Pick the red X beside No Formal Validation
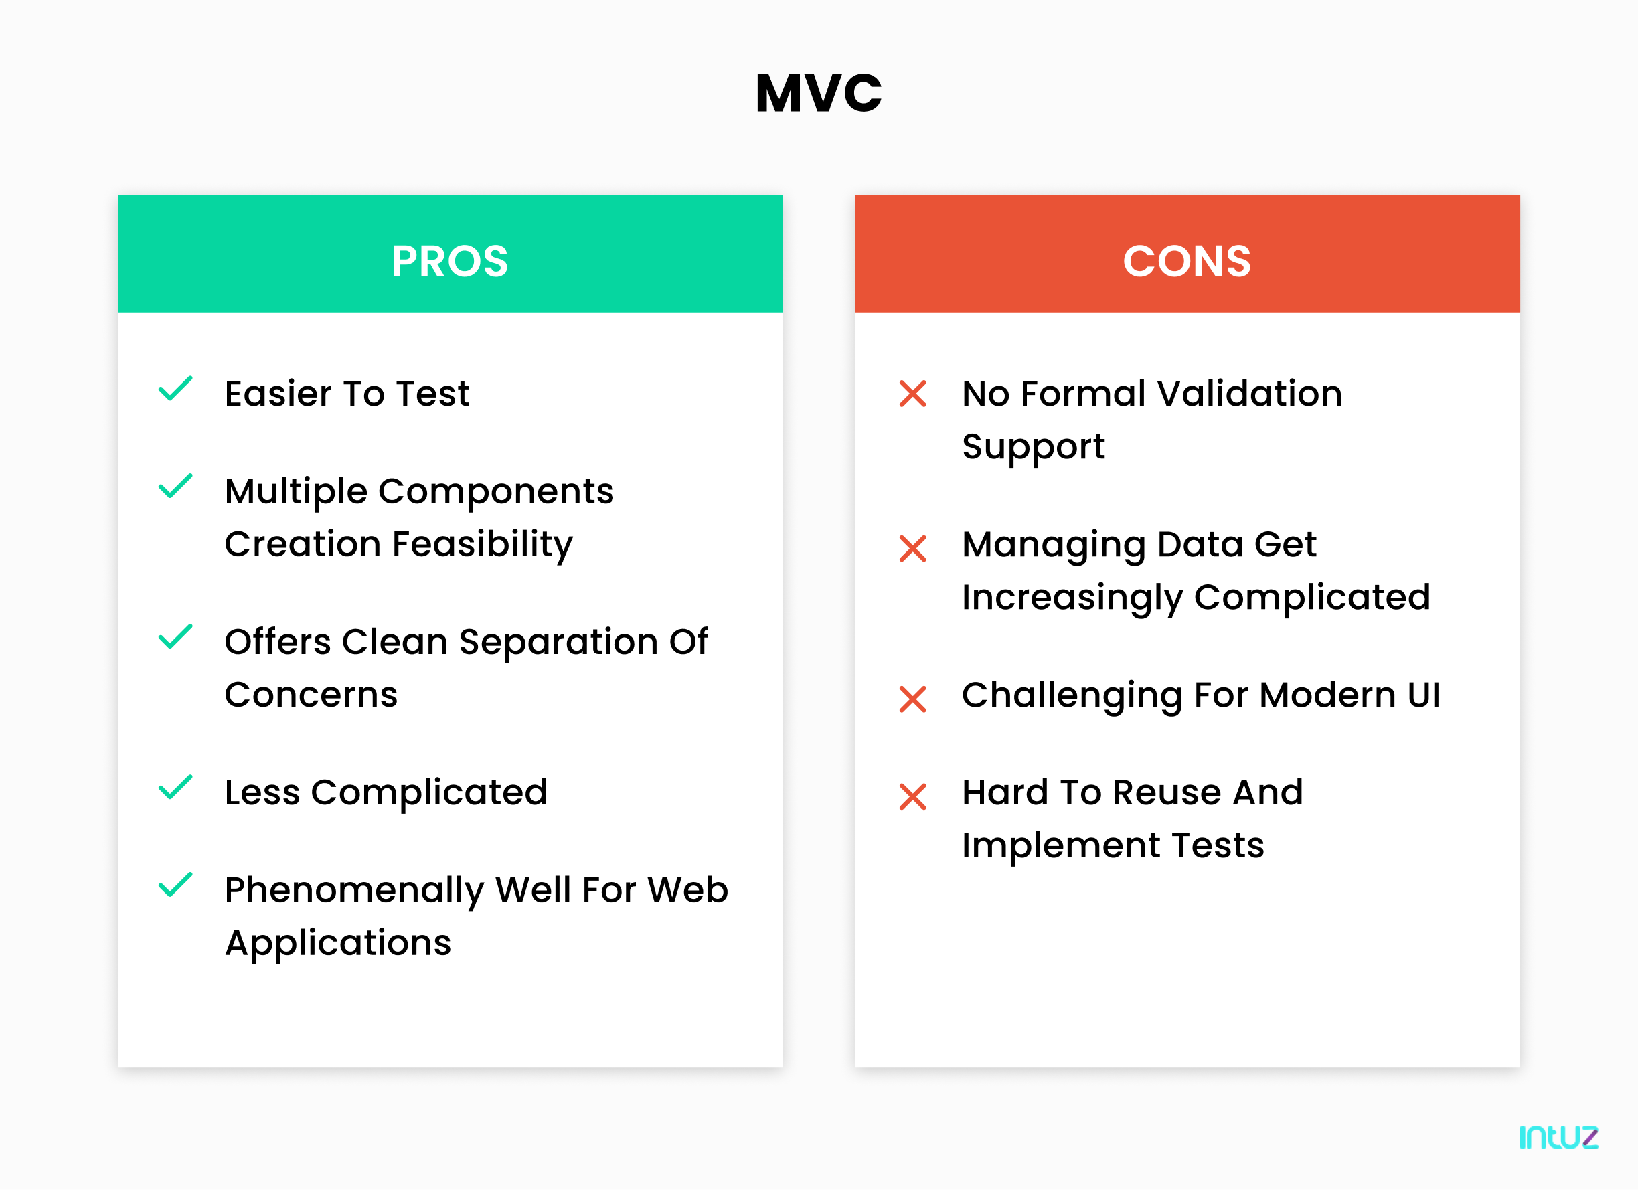pyautogui.click(x=913, y=394)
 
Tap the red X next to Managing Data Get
pyautogui.click(x=913, y=549)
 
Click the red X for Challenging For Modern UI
pyautogui.click(x=913, y=699)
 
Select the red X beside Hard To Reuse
pyautogui.click(x=913, y=796)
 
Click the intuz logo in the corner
pyautogui.click(x=1558, y=1137)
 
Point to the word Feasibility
pyautogui.click(x=482, y=544)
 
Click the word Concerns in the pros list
pyautogui.click(x=311, y=695)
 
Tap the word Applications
pyautogui.click(x=338, y=943)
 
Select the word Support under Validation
pyautogui.click(x=1033, y=447)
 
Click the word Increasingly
pyautogui.click(x=1072, y=598)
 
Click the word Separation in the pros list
pyautogui.click(x=558, y=642)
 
